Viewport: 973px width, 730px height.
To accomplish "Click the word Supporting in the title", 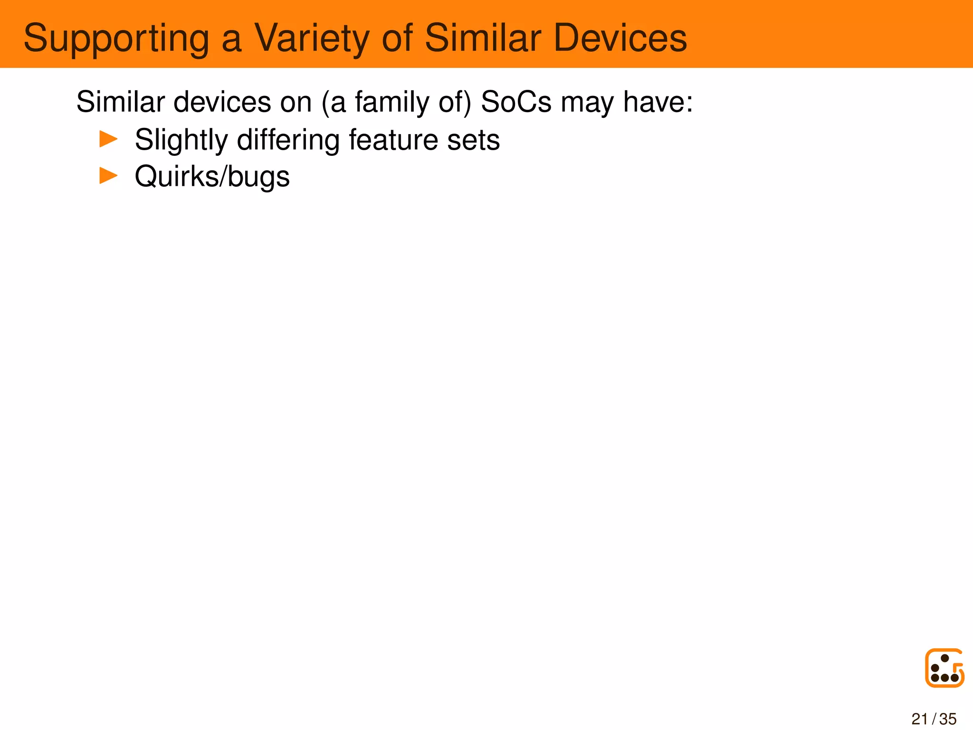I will point(116,39).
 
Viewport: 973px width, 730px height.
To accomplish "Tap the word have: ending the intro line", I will point(658,102).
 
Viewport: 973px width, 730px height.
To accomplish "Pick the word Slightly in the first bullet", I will point(181,140).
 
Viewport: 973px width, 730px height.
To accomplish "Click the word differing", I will point(288,140).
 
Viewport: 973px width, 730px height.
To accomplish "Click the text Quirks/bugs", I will point(212,177).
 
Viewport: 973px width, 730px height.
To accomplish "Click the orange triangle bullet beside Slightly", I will point(108,139).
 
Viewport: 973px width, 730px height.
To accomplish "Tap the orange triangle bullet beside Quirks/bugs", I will point(108,176).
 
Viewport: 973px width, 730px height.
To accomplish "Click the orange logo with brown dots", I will point(944,668).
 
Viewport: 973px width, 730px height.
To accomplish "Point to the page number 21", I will point(920,719).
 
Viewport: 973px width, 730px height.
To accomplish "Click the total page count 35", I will point(948,719).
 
